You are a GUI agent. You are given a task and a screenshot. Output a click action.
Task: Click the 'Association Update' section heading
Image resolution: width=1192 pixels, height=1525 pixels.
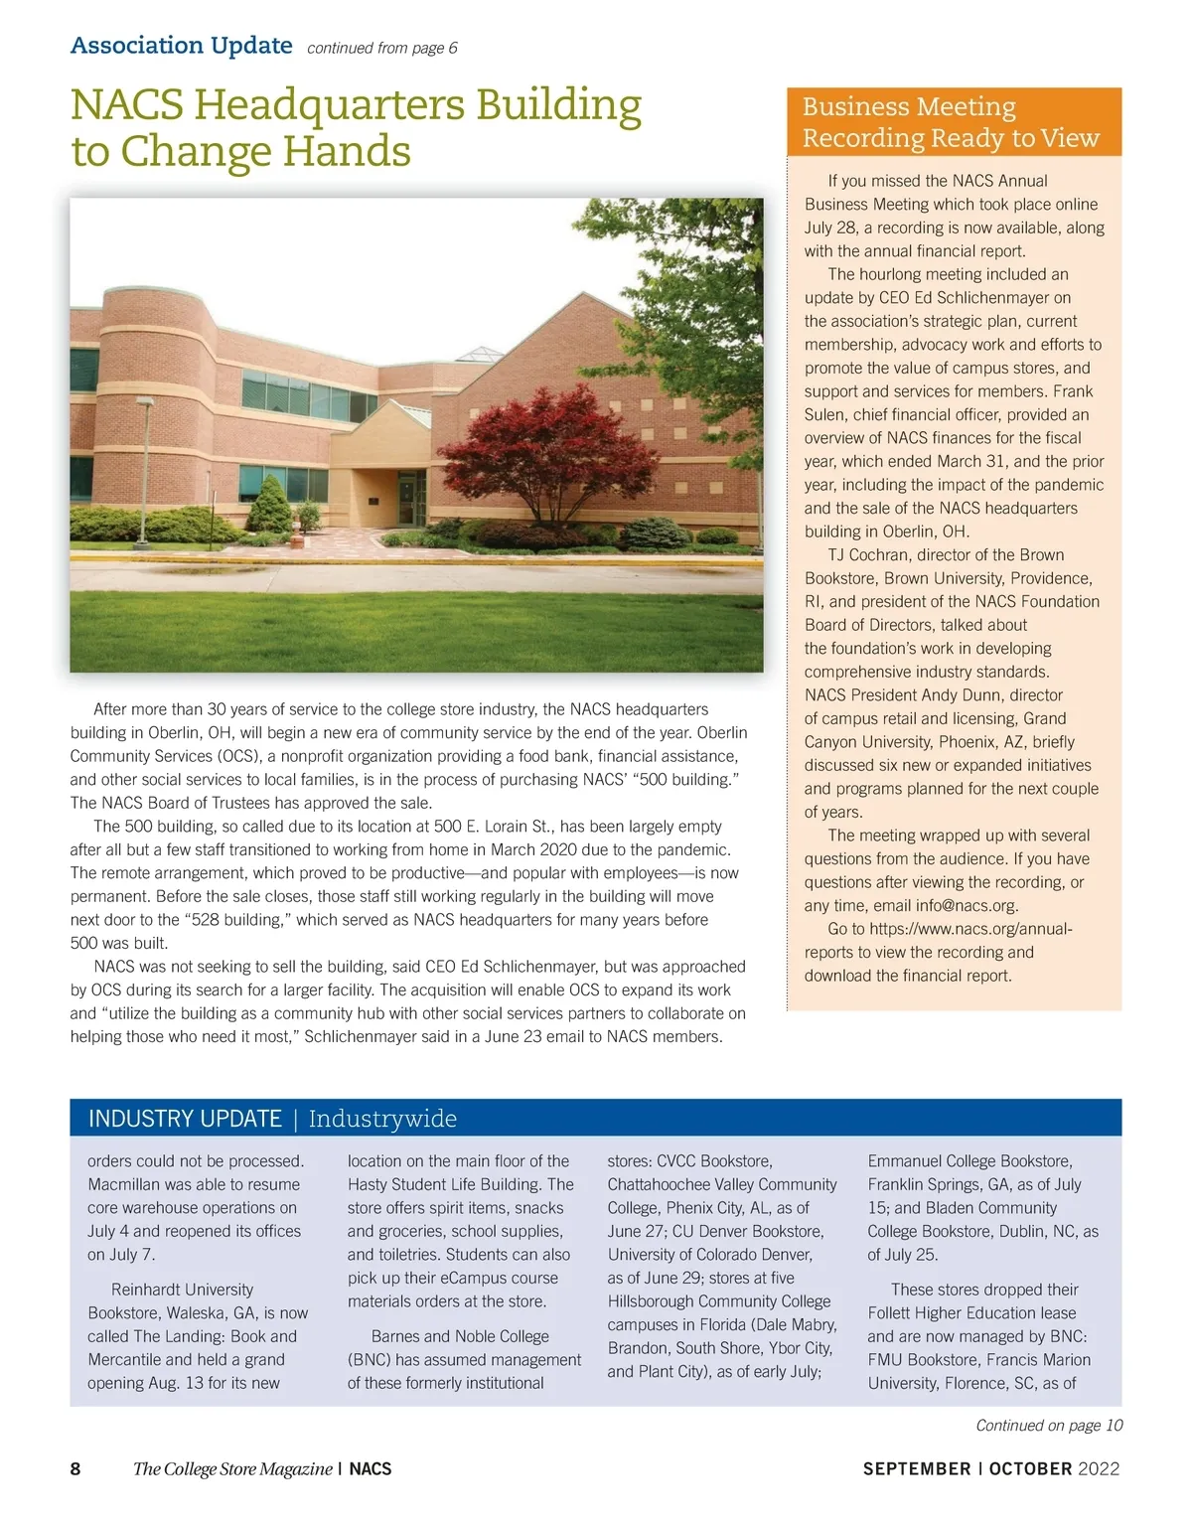coord(181,46)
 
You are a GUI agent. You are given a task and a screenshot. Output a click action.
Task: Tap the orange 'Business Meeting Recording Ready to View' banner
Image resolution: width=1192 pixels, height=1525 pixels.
coord(954,122)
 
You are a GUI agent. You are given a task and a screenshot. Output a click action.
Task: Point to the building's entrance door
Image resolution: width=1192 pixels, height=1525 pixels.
coord(407,498)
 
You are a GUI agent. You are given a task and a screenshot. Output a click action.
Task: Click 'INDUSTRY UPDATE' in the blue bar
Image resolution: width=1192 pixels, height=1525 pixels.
coord(185,1119)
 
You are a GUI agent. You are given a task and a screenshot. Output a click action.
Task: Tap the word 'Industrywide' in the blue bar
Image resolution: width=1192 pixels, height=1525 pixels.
coord(382,1119)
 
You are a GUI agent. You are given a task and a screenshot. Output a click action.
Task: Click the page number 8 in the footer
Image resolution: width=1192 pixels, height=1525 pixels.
coord(75,1468)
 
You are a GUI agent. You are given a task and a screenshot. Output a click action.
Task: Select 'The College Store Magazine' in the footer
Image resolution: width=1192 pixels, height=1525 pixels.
coord(232,1468)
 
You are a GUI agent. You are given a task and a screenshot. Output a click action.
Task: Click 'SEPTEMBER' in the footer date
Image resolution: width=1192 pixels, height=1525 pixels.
coord(916,1468)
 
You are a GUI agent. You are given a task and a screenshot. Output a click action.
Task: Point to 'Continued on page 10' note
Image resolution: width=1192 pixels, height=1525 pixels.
coord(1049,1425)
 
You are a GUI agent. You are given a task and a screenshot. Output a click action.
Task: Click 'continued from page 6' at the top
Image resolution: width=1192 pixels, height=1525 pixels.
coord(382,48)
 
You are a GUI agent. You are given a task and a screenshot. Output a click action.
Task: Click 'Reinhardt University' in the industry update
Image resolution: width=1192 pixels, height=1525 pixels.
coord(182,1290)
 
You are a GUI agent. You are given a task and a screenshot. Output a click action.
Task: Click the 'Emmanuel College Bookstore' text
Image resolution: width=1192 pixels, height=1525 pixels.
coord(968,1160)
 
